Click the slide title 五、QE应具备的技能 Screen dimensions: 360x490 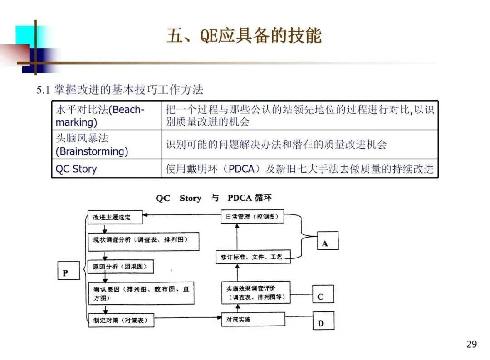click(244, 36)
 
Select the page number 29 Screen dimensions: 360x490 click(471, 344)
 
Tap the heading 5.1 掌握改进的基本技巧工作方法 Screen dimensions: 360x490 click(120, 89)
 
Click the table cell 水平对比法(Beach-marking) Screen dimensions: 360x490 click(106, 116)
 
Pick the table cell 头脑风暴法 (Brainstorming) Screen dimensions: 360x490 click(106, 145)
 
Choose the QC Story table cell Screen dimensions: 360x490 click(106, 169)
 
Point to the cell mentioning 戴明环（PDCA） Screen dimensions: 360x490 click(299, 169)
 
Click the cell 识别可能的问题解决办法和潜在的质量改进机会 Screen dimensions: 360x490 click(299, 145)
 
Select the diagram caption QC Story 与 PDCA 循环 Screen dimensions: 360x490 click(214, 198)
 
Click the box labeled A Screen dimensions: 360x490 click(325, 243)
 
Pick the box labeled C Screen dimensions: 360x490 click(323, 297)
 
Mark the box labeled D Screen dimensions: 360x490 click(323, 322)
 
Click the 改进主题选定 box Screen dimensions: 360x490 click(116, 217)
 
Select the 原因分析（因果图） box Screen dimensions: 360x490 click(120, 267)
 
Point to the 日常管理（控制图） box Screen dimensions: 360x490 click(252, 217)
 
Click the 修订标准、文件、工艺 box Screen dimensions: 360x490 click(252, 257)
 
